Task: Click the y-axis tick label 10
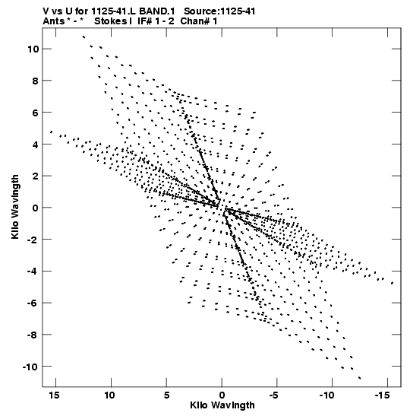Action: [33, 49]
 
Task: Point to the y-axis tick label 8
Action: [36, 81]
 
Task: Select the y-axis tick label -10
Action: [30, 367]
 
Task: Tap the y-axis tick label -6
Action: [33, 303]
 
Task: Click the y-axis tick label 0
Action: [36, 208]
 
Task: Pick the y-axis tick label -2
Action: [33, 240]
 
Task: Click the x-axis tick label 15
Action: [55, 395]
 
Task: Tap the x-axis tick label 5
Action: [166, 395]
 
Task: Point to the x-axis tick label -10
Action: [326, 395]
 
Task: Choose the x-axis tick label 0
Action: [222, 395]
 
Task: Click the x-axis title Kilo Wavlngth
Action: [222, 405]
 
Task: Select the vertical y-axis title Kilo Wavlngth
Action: [15, 207]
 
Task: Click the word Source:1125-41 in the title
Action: [219, 11]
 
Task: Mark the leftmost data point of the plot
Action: [52, 132]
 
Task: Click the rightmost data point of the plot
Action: [393, 283]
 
